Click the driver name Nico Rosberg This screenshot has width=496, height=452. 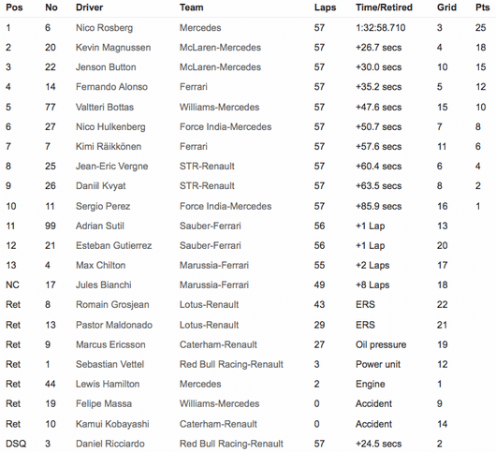104,28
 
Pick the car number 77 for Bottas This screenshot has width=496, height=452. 51,107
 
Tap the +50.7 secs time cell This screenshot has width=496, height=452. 379,126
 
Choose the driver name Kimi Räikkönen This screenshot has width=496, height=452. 109,146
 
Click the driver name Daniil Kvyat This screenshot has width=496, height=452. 99,185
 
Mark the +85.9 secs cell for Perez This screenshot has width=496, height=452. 379,205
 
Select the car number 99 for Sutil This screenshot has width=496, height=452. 51,226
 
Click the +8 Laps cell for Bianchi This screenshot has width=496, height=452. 372,284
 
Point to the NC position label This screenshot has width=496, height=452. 12,284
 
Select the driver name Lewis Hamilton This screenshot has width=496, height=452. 106,384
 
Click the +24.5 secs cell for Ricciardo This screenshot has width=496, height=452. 379,443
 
